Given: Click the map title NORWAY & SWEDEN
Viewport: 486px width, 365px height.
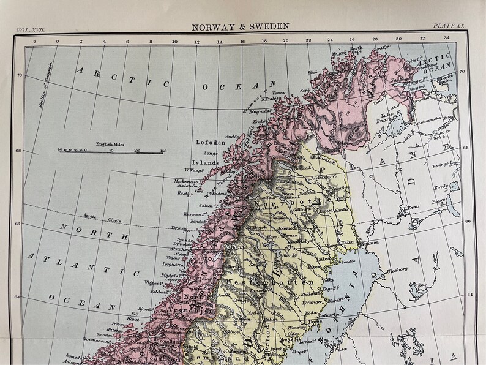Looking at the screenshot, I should [240, 27].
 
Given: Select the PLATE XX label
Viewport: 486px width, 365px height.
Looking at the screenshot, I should [449, 26].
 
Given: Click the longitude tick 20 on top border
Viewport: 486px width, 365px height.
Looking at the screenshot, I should [285, 40].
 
